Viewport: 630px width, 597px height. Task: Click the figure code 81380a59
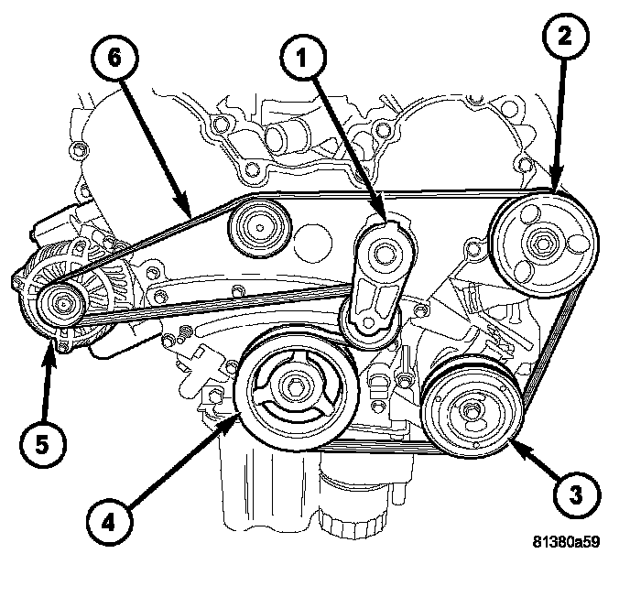coord(566,541)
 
